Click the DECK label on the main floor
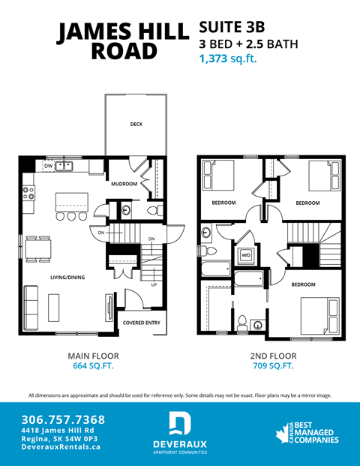coord(136,125)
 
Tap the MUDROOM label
coord(124,184)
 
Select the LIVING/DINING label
coord(67,278)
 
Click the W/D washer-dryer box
coord(245,256)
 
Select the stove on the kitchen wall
coord(28,194)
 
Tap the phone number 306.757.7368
coord(64,419)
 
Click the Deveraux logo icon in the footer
coord(179,424)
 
